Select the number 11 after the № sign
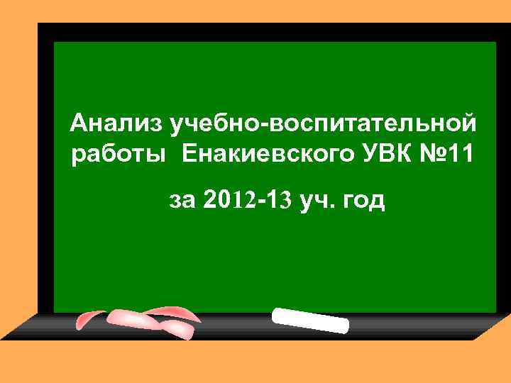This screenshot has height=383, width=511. [465, 153]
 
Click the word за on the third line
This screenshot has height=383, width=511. [182, 202]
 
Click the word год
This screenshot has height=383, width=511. [363, 202]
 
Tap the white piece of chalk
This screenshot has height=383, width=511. [311, 321]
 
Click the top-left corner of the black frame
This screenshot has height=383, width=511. [40, 26]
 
